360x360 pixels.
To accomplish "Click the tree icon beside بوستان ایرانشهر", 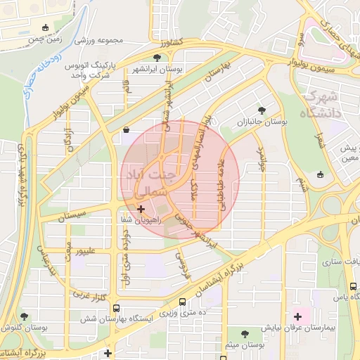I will (x=157, y=58).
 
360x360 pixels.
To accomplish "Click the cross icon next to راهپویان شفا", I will (x=142, y=208).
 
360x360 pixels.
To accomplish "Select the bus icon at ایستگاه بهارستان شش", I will (x=116, y=308).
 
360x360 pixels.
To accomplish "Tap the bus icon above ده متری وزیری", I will (x=183, y=303).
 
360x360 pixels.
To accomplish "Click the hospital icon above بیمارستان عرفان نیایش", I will (x=298, y=316).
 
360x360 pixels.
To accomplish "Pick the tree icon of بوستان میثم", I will (x=245, y=335).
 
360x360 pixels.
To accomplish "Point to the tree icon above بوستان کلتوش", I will (x=25, y=318).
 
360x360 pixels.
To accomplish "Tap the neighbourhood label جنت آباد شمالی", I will (x=150, y=181).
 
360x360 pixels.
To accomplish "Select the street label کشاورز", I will (x=171, y=43).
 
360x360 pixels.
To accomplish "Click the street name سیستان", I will (x=72, y=214).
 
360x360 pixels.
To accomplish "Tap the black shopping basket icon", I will (x=126, y=129).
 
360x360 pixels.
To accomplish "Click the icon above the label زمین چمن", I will (x=46, y=27).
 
